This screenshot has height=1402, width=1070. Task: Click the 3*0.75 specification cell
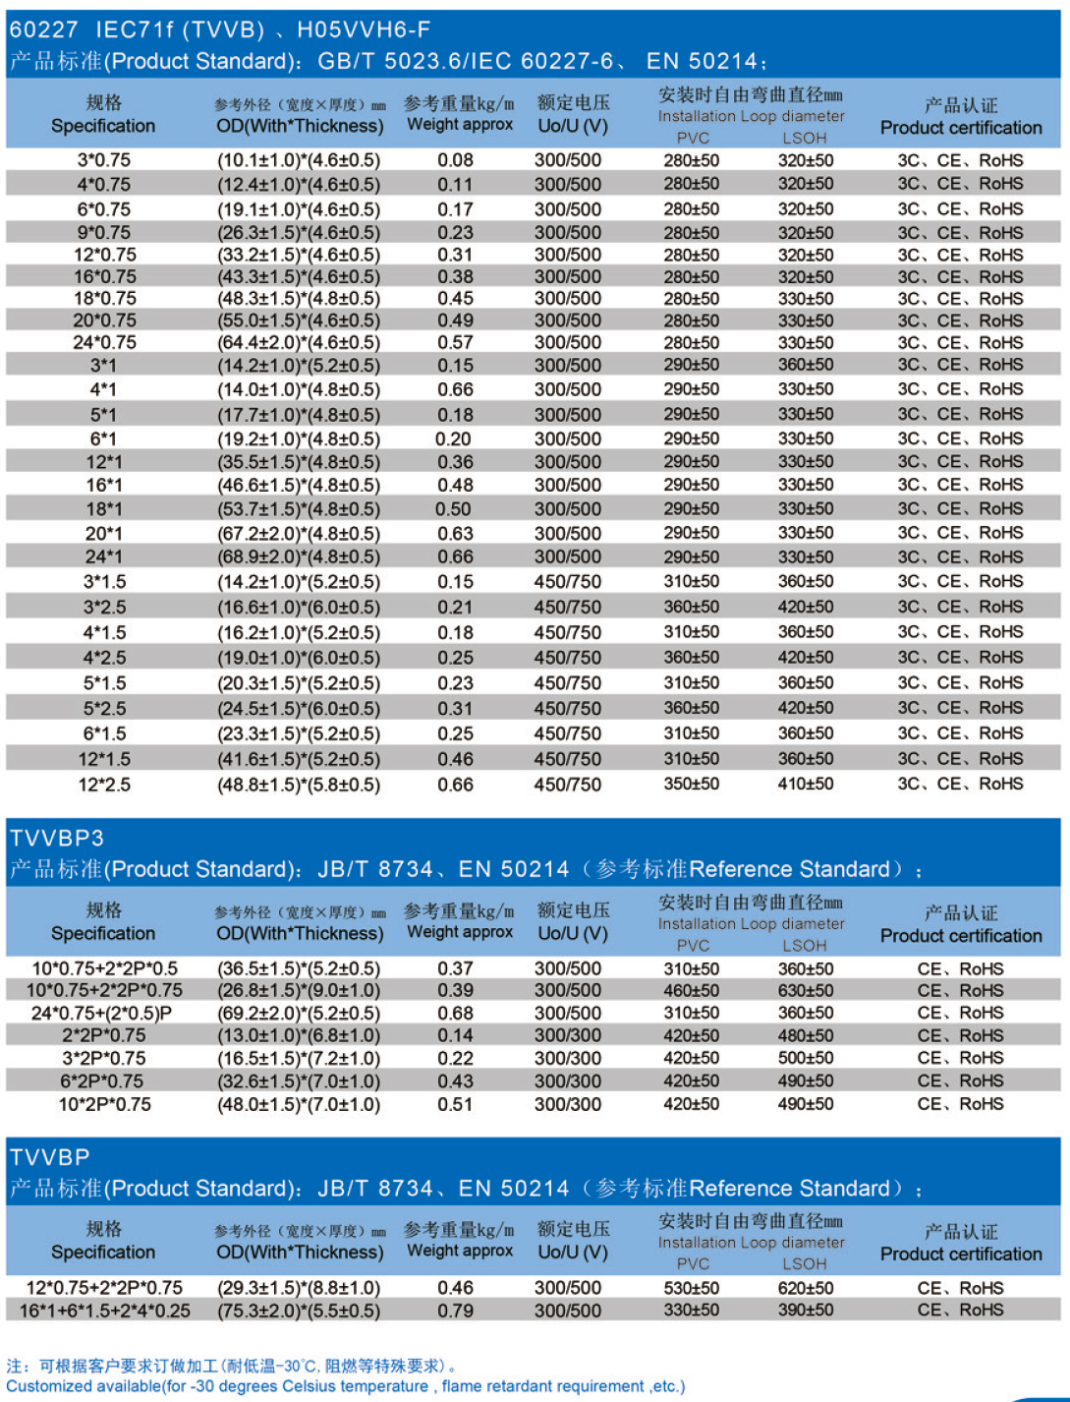coord(103,160)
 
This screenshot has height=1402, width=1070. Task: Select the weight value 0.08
coord(455,160)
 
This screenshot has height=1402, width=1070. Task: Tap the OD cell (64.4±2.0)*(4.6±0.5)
coord(299,343)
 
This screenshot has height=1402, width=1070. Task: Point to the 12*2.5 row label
coord(103,785)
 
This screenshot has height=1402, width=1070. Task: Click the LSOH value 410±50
coord(806,785)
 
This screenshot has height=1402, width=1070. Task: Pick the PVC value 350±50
coord(691,785)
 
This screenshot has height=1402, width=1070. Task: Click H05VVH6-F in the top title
coord(364,29)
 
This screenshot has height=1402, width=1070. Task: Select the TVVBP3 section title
coord(57,838)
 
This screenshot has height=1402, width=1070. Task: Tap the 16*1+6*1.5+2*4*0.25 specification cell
coord(105,1311)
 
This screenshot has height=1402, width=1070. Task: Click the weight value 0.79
coord(455,1311)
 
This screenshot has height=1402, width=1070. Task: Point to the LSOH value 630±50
coord(806,990)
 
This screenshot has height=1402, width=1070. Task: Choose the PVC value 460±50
coord(691,990)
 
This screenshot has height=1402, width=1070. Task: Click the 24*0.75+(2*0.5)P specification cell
coord(102,1013)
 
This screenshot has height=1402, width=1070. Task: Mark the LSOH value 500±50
coord(806,1058)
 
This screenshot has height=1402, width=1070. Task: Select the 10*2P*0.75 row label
coord(104,1104)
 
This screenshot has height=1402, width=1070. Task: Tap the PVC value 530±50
coord(691,1288)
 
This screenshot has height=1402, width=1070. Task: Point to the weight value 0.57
coord(455,343)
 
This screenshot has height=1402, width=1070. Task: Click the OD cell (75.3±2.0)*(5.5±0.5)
coord(299,1311)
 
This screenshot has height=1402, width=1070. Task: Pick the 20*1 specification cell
coord(103,534)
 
